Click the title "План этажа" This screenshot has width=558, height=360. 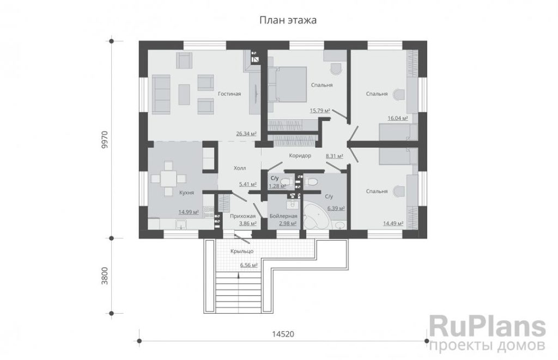tap(288, 20)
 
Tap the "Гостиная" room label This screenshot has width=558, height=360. tap(229, 94)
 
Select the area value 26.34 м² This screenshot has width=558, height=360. tap(246, 134)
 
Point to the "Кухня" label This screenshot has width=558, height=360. tap(186, 192)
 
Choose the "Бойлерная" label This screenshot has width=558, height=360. tap(283, 216)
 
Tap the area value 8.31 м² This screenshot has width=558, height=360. tap(335, 156)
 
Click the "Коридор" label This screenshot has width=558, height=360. tap(300, 155)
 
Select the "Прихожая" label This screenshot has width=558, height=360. tap(242, 216)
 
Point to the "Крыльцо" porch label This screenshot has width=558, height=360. tap(242, 251)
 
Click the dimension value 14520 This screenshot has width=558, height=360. tap(283, 334)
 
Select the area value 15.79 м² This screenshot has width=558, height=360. tap(320, 111)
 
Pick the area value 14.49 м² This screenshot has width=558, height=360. tap(393, 223)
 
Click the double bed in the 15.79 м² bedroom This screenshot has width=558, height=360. tap(288, 84)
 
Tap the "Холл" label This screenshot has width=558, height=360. tap(240, 168)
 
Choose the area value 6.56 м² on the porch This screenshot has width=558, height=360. tap(248, 265)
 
